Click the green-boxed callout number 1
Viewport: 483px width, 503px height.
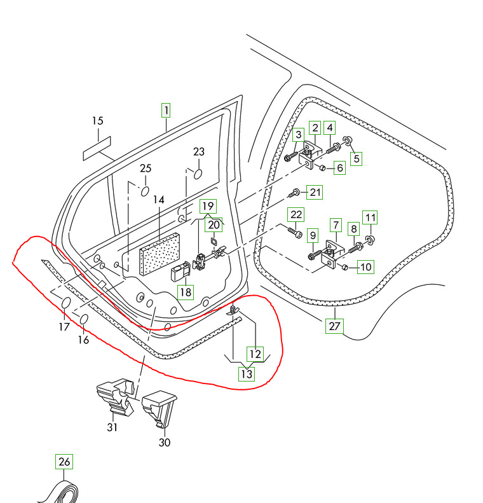point(165,111)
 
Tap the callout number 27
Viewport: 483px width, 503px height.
point(334,326)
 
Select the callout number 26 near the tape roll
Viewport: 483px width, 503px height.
point(64,462)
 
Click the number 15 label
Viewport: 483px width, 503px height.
point(97,121)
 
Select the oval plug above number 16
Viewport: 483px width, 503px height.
point(84,317)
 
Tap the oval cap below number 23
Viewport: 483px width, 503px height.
point(198,174)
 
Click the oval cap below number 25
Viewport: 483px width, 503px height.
point(145,189)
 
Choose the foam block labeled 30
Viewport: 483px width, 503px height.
point(160,408)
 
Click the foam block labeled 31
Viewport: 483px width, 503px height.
point(116,397)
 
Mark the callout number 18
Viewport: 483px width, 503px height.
point(184,292)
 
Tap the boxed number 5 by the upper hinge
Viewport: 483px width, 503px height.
point(356,158)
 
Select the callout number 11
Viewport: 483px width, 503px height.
point(370,217)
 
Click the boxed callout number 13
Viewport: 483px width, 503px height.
point(246,374)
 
